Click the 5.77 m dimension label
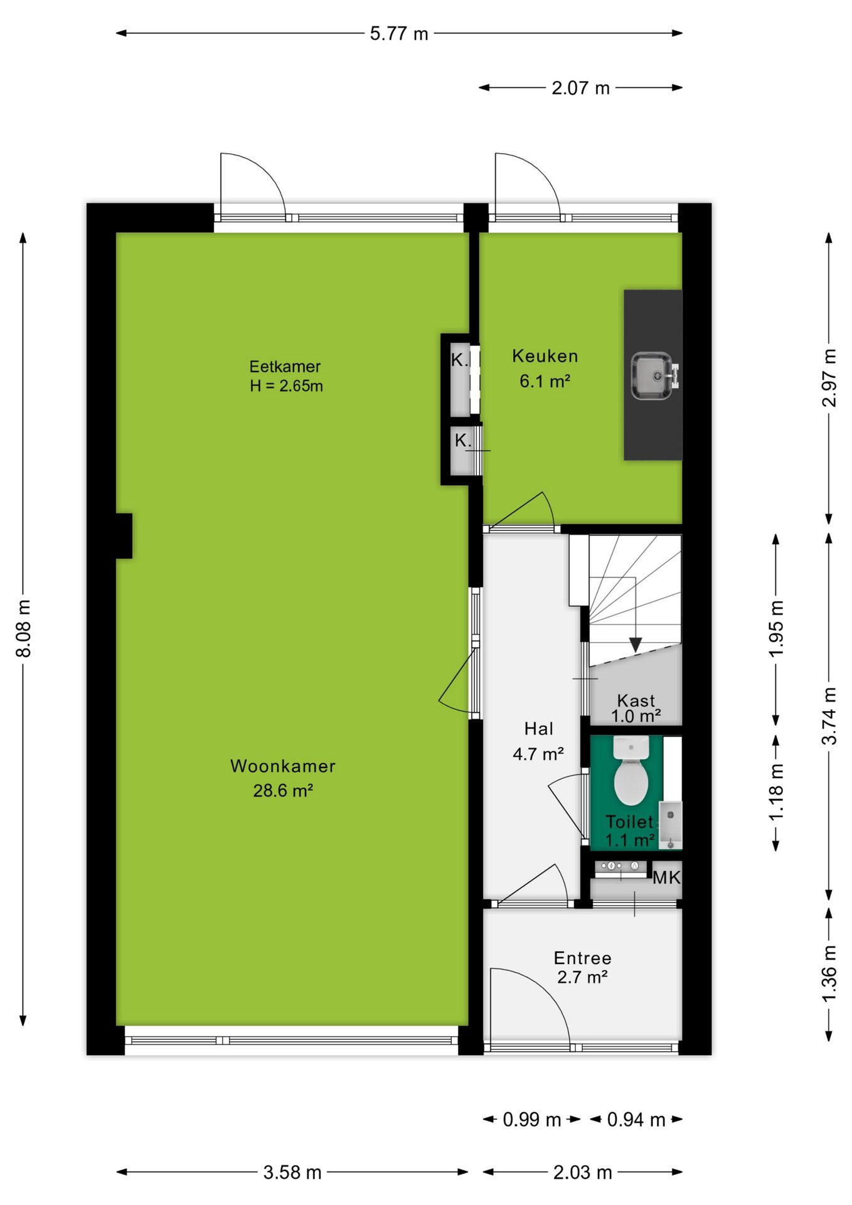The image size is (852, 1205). click(x=399, y=33)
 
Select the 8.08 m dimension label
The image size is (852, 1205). click(x=23, y=628)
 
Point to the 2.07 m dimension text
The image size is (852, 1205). click(x=580, y=88)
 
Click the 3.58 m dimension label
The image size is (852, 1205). click(x=292, y=1172)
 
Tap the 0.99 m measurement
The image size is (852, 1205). click(x=531, y=1119)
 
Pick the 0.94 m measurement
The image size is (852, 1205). click(x=636, y=1119)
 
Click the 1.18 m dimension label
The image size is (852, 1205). click(x=776, y=791)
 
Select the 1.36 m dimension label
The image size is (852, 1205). click(x=829, y=974)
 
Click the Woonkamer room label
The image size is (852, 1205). click(x=283, y=766)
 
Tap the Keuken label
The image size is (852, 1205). click(x=545, y=356)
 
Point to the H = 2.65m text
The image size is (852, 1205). click(x=286, y=385)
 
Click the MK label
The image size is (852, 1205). click(x=666, y=877)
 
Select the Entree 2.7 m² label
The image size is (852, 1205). click(x=582, y=967)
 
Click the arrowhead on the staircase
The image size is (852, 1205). click(x=636, y=645)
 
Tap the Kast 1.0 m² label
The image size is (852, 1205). click(x=636, y=708)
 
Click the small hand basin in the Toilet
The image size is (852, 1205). click(x=670, y=824)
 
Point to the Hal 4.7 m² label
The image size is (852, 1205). click(x=538, y=741)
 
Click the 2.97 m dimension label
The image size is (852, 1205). click(x=829, y=378)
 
